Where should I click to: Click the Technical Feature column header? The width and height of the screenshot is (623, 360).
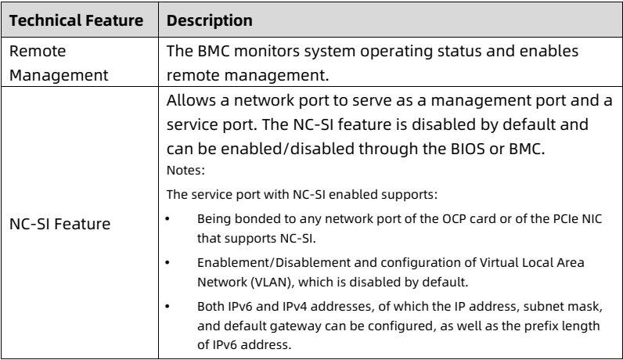(76, 20)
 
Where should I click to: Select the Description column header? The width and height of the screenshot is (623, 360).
(210, 20)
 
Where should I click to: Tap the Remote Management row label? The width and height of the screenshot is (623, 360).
(59, 63)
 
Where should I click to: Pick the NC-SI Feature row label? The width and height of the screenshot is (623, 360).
(60, 224)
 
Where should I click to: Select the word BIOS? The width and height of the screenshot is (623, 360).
(468, 149)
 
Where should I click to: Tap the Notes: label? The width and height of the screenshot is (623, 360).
(185, 171)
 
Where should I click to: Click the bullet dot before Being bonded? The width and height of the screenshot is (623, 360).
(167, 219)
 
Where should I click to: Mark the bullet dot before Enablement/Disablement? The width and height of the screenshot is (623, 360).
(167, 263)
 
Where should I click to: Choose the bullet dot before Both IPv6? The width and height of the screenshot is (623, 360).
(167, 306)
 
